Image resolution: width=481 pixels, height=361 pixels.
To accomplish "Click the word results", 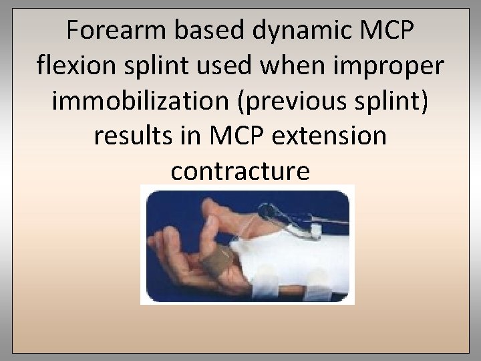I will pos(131,136).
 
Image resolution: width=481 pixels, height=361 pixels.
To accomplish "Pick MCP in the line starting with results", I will pos(237,136).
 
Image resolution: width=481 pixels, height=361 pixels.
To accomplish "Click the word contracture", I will pos(240,172).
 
